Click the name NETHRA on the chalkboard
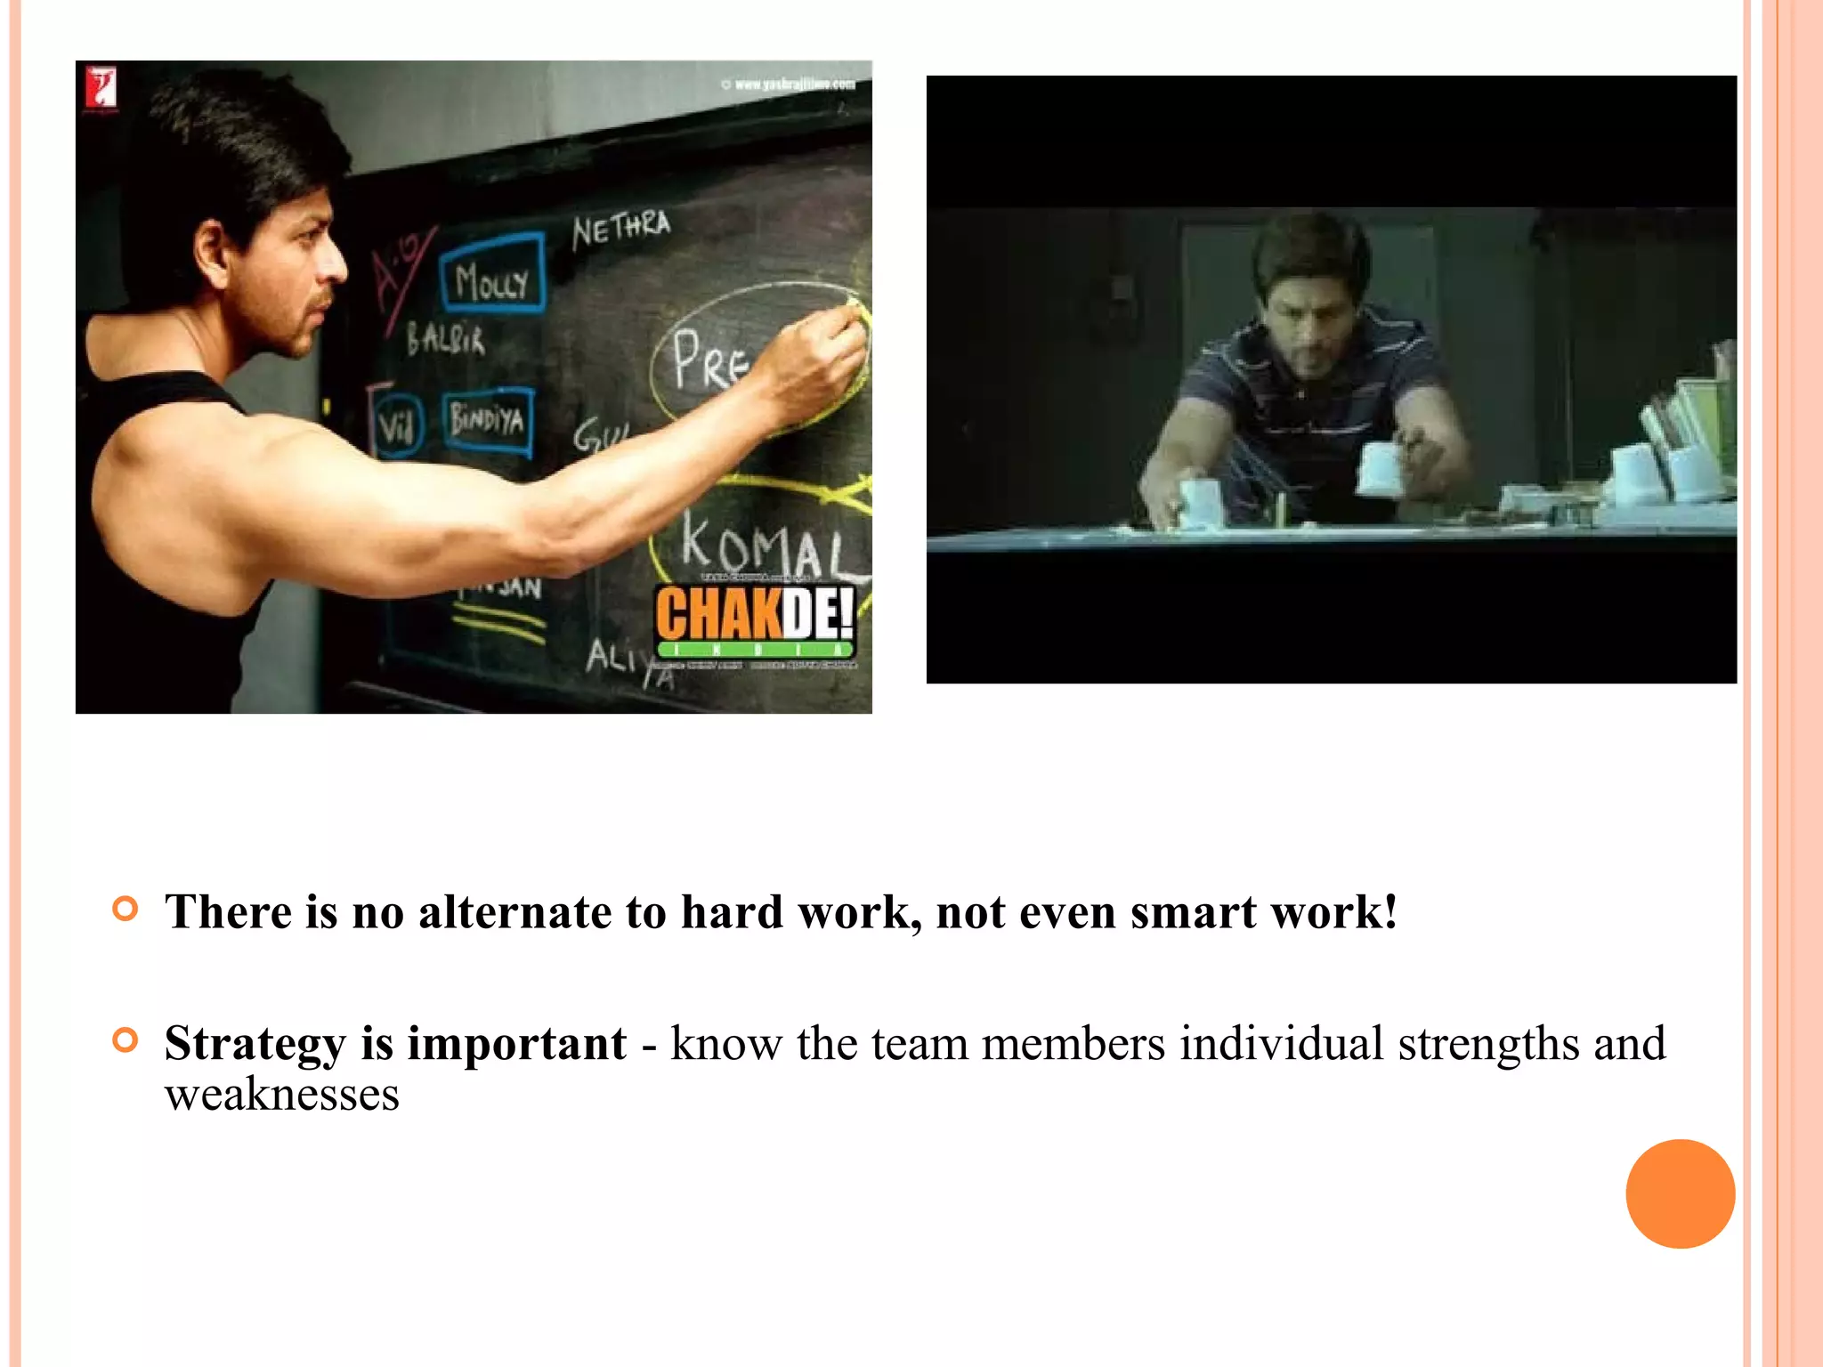(620, 229)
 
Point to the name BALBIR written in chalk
(446, 340)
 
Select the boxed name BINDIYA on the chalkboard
(487, 419)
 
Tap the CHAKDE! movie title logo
(755, 614)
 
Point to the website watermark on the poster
(789, 85)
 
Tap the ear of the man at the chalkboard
(212, 249)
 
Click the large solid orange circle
(1680, 1193)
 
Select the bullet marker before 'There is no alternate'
(126, 909)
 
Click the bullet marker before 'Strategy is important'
(126, 1039)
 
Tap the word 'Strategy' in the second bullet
(255, 1043)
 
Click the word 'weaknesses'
(282, 1094)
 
